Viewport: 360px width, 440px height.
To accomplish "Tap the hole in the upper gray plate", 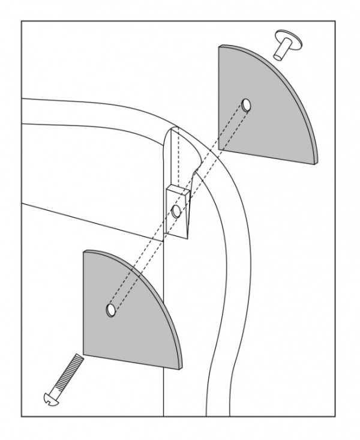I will (x=247, y=106).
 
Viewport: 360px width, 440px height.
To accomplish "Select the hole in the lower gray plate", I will (x=111, y=310).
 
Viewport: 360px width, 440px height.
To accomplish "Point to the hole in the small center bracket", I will (x=176, y=211).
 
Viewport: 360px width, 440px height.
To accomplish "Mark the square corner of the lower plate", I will (x=84, y=354).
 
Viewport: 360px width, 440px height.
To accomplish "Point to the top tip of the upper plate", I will (x=221, y=47).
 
